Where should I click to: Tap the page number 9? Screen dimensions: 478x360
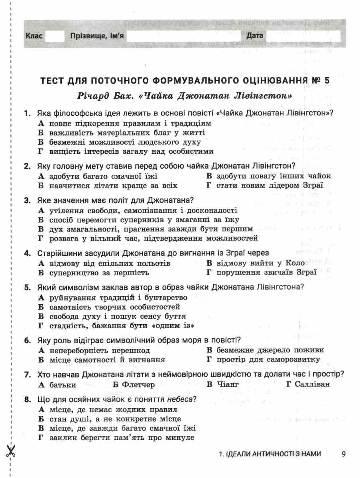[344, 454]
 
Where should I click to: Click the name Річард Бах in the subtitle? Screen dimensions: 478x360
[101, 96]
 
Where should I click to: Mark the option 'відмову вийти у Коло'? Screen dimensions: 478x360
[256, 263]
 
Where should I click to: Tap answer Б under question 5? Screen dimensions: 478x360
[109, 307]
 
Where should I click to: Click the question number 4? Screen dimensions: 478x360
[27, 253]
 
